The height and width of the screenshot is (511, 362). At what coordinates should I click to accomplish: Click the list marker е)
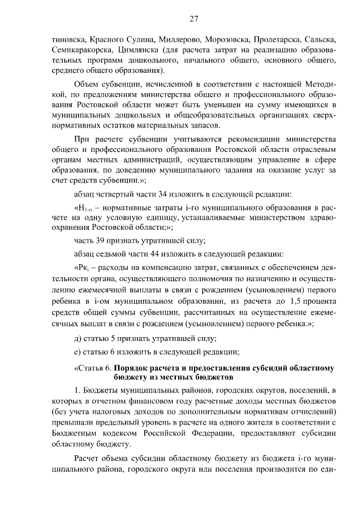79,352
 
